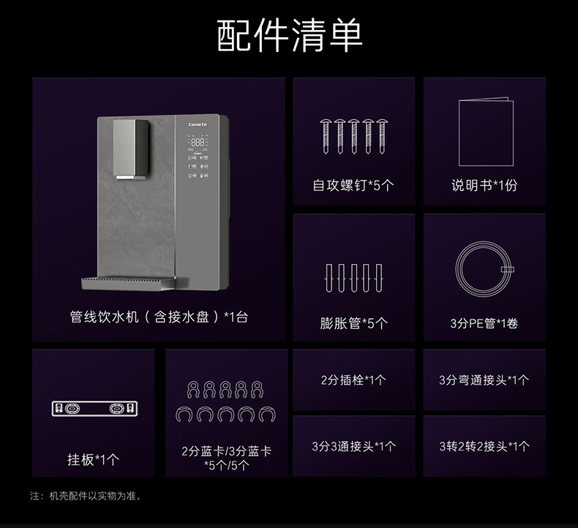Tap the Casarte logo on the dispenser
198,125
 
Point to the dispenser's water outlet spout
128,176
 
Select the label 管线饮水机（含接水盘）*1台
159,317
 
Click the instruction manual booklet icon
486,133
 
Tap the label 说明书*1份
484,186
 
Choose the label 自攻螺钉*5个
353,186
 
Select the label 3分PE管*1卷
484,323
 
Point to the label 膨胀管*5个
353,323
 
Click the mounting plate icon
94,408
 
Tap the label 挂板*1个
93,460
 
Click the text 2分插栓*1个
353,380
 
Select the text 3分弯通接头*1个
484,380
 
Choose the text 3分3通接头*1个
353,446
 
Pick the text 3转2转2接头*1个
484,446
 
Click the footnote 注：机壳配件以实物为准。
86,496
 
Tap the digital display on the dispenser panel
198,143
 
